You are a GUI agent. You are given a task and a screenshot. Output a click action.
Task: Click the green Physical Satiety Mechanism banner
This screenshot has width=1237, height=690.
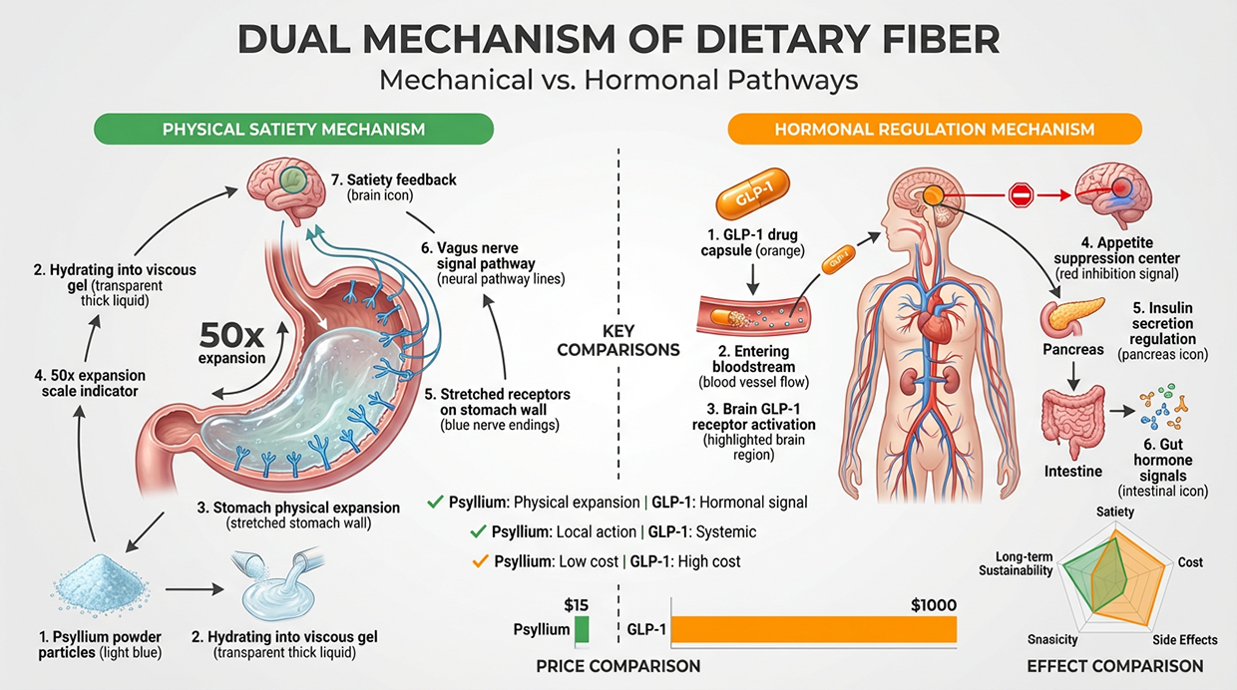tap(293, 130)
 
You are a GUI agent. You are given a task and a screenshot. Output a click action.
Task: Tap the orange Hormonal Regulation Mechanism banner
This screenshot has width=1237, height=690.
tap(935, 130)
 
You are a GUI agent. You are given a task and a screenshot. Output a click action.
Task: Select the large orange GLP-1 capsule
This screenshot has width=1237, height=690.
tap(753, 193)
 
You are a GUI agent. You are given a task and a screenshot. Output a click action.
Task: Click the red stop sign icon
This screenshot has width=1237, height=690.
tap(1021, 195)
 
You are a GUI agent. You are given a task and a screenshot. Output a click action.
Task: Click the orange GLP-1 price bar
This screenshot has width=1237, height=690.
tap(814, 629)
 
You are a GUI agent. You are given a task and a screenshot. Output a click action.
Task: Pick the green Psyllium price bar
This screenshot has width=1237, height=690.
tap(582, 630)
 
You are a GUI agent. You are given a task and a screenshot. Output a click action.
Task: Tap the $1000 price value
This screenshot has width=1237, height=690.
tap(934, 605)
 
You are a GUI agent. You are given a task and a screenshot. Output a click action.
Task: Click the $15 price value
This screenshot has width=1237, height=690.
tap(576, 605)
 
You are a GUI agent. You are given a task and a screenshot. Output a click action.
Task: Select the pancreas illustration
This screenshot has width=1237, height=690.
tap(1071, 316)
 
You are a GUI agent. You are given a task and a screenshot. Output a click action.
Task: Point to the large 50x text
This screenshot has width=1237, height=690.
tap(231, 334)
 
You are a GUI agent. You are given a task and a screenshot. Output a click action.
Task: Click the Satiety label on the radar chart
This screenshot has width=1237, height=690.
tap(1115, 512)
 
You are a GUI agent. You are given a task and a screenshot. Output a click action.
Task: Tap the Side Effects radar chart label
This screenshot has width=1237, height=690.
tap(1184, 640)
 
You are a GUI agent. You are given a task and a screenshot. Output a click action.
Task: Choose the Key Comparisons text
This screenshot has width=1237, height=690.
tap(618, 341)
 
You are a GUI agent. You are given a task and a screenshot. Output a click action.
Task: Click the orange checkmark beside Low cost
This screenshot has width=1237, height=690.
tap(480, 561)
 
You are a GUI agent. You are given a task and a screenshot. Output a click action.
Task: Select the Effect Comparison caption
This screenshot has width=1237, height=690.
tap(1115, 666)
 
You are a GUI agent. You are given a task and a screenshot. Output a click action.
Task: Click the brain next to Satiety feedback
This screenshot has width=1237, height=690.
tap(285, 186)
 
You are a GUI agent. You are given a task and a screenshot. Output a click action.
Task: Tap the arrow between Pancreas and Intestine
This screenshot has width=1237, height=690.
tap(1073, 377)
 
